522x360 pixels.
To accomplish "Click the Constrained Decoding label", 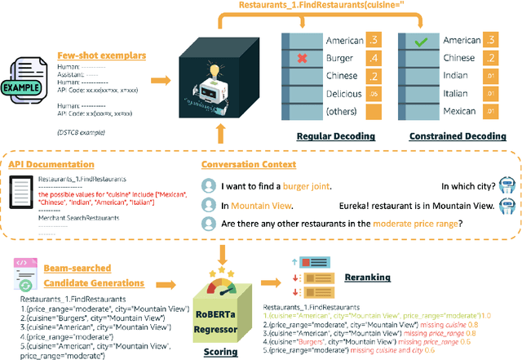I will pyautogui.click(x=448, y=136).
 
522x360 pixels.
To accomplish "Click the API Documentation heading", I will pyautogui.click(x=48, y=164).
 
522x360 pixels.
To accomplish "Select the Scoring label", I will pyautogui.click(x=221, y=352).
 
